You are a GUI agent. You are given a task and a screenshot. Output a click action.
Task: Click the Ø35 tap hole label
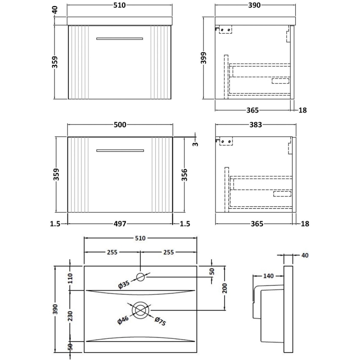[125, 284]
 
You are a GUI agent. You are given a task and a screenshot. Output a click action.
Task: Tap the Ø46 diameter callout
[123, 321]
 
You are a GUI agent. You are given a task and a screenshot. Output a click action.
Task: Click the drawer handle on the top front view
[119, 38]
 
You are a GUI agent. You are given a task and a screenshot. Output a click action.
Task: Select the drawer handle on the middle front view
[119, 150]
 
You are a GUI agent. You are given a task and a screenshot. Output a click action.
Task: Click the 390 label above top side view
[255, 5]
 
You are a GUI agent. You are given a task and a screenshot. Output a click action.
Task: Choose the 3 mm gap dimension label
[196, 144]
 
